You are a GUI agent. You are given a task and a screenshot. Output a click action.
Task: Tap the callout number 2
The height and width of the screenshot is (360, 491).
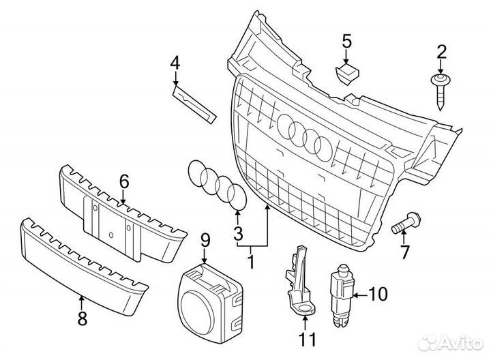(441, 50)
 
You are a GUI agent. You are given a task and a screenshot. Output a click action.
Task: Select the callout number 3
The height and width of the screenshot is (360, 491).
(238, 235)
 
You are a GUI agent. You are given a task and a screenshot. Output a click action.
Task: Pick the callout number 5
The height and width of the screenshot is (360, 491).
(346, 42)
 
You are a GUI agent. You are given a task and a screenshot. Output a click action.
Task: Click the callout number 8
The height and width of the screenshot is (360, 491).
(82, 318)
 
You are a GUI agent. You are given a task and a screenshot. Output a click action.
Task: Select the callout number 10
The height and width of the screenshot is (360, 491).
(377, 295)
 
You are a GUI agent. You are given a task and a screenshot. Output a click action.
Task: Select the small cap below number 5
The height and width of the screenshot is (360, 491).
(348, 70)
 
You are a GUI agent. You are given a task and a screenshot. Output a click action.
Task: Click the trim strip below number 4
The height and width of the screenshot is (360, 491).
(194, 100)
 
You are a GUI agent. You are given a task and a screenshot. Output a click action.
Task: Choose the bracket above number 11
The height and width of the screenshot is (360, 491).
(295, 280)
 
